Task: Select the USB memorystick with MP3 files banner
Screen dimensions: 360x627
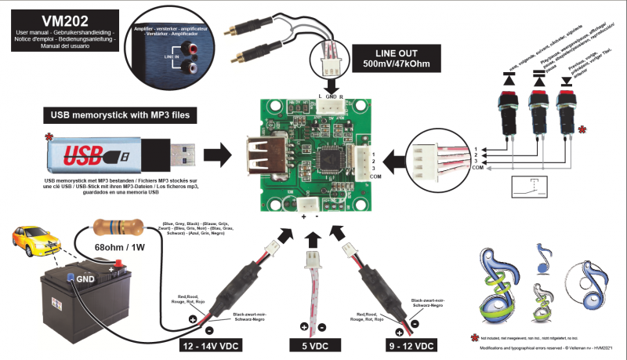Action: click(119, 116)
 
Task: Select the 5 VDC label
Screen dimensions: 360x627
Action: click(313, 345)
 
